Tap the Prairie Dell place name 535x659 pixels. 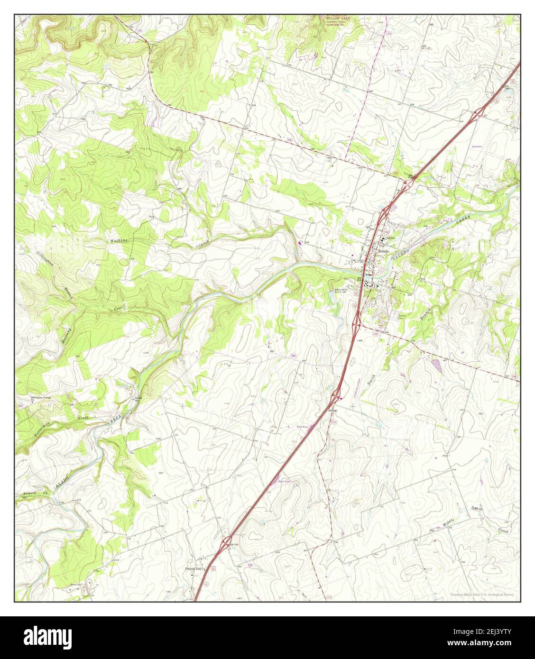(x=194, y=568)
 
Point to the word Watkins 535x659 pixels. (x=119, y=241)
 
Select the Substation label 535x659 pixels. (x=477, y=146)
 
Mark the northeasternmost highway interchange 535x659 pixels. (x=480, y=112)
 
